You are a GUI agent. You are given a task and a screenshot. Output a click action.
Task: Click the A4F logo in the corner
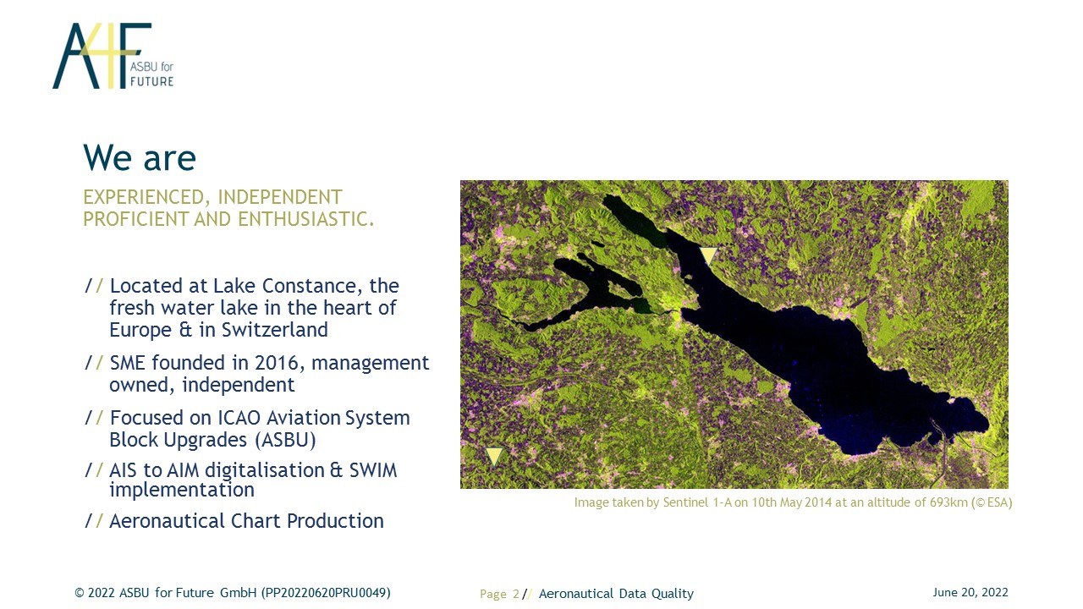(113, 56)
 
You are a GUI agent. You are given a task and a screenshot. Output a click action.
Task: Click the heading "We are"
(140, 157)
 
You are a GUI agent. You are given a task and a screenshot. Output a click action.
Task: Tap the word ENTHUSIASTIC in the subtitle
(306, 219)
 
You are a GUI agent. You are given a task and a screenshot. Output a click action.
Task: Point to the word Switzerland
(275, 330)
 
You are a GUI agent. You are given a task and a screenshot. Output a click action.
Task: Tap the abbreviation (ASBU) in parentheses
(285, 440)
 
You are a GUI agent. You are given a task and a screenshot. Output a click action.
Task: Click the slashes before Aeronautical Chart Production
(94, 521)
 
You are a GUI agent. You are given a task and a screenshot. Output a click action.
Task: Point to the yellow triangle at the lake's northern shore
(708, 255)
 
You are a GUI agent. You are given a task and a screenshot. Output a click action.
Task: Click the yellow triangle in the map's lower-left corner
(494, 456)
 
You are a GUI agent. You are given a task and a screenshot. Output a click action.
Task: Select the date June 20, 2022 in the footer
(970, 593)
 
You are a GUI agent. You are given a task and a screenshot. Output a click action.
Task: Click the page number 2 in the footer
(516, 594)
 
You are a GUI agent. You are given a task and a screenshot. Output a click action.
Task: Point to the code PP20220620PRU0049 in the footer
(326, 593)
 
